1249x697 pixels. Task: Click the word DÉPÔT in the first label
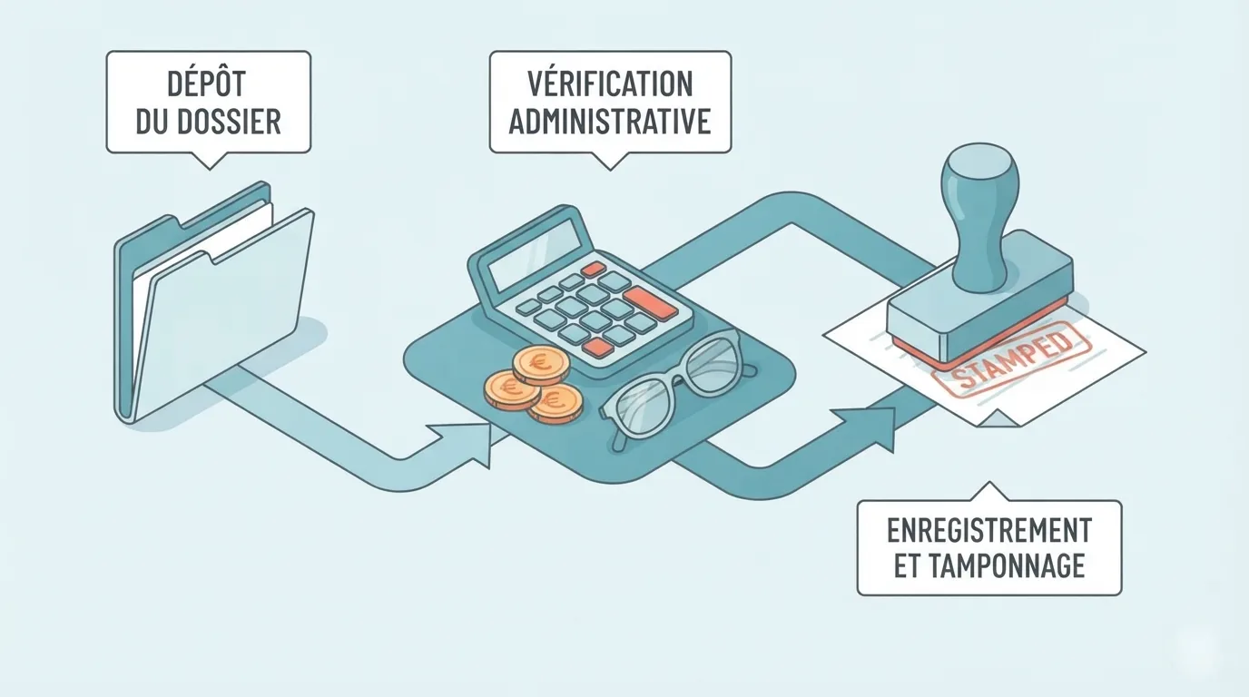pos(206,84)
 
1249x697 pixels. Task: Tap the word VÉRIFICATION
pos(610,84)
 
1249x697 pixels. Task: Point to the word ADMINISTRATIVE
pos(610,121)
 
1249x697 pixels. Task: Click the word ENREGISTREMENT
pos(989,530)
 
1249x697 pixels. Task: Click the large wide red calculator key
pos(651,303)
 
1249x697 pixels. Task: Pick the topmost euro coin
pos(540,365)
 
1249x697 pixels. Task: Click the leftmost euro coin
pos(512,389)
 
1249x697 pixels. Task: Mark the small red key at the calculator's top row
pos(593,270)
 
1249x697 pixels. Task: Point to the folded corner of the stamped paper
pos(998,418)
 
